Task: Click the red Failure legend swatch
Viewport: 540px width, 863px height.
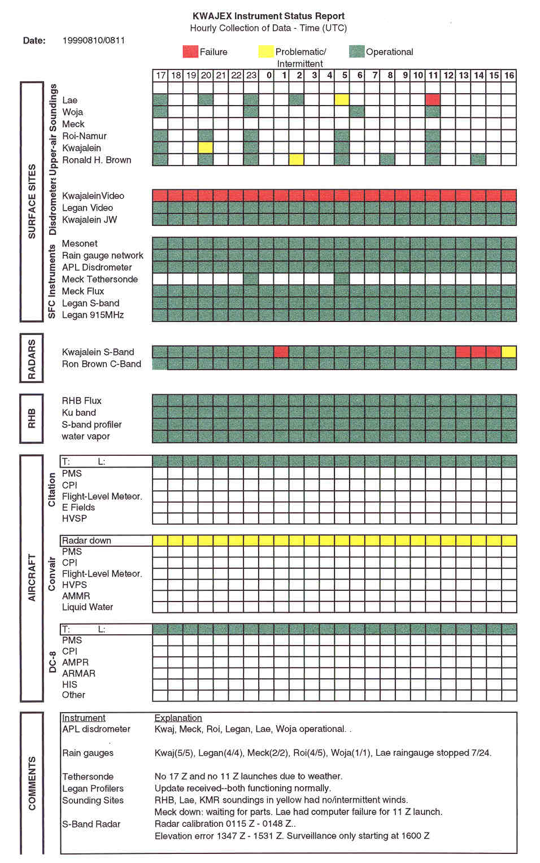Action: click(190, 51)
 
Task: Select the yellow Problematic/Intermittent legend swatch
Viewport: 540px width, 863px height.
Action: click(265, 51)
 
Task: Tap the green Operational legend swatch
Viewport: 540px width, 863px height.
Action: click(356, 51)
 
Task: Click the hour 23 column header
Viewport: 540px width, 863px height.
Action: click(251, 75)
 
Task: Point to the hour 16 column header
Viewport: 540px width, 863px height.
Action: click(509, 75)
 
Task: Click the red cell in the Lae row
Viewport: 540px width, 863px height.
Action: click(433, 100)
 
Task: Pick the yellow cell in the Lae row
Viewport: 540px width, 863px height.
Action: click(342, 100)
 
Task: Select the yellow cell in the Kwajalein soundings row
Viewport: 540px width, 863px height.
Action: click(206, 147)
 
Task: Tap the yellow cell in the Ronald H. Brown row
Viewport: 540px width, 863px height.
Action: click(296, 160)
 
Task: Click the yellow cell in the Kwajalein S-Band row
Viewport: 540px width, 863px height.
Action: click(509, 352)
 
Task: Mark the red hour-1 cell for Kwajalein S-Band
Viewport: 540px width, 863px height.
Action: click(281, 352)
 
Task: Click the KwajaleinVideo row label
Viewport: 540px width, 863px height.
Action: click(93, 196)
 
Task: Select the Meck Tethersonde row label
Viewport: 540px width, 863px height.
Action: click(100, 279)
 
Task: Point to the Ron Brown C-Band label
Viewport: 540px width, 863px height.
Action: click(102, 364)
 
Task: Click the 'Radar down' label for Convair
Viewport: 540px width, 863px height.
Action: click(86, 541)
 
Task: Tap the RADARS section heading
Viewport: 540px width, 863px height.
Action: click(32, 359)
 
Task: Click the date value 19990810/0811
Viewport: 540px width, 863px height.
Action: click(94, 40)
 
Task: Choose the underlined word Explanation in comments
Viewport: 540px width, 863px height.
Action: click(178, 718)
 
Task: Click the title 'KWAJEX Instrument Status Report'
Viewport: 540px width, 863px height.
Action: click(268, 16)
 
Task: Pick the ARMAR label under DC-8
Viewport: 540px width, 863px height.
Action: click(79, 673)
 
